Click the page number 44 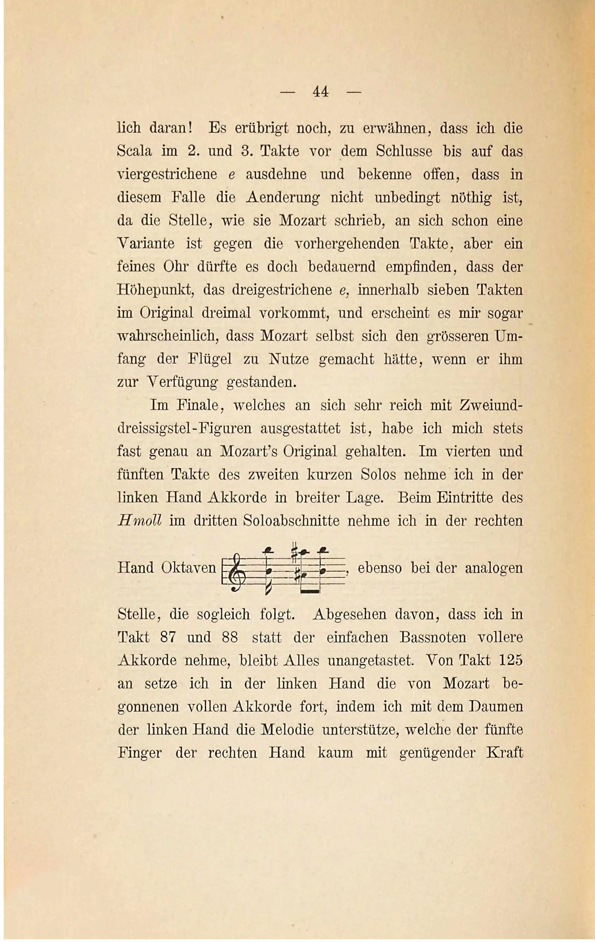pyautogui.click(x=320, y=92)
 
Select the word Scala pyautogui.click(x=134, y=151)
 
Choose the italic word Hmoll pyautogui.click(x=139, y=521)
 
